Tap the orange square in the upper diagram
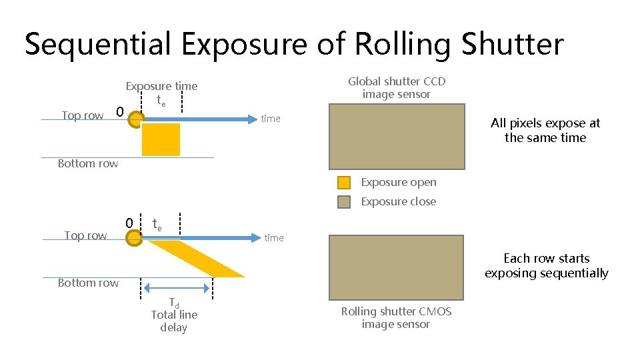click(x=161, y=139)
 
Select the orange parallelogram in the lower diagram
click(x=197, y=259)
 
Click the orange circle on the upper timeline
click(x=135, y=120)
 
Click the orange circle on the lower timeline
click(x=134, y=238)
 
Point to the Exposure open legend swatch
click(x=344, y=183)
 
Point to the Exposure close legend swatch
click(x=344, y=202)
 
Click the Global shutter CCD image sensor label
click(x=397, y=88)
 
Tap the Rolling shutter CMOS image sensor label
click(x=396, y=318)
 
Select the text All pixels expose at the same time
click(x=545, y=131)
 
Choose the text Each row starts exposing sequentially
click(x=547, y=265)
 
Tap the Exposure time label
click(x=162, y=87)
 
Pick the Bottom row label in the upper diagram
click(x=88, y=164)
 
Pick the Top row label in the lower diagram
click(x=85, y=235)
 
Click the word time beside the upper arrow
click(x=271, y=119)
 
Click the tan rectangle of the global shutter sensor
click(x=397, y=137)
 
